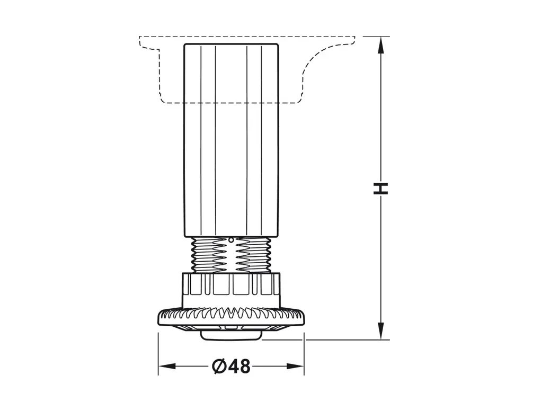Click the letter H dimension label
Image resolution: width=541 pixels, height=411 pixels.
[381, 188]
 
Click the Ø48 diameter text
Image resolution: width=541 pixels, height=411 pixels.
[231, 366]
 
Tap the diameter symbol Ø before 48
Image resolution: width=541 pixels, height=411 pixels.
[219, 366]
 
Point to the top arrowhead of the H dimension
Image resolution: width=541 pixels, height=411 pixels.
[381, 45]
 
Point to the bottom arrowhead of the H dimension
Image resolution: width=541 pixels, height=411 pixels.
[381, 330]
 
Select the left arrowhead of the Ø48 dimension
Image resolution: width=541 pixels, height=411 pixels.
[167, 366]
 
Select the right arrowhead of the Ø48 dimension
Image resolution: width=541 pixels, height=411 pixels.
[295, 366]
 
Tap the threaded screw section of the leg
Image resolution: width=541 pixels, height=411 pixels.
[231, 255]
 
